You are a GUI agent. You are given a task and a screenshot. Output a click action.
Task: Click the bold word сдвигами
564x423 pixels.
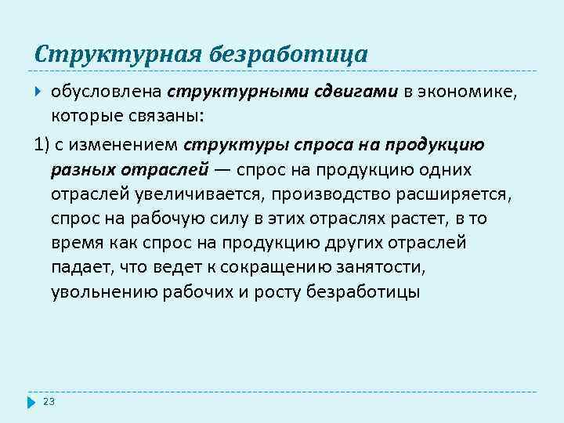[354, 92]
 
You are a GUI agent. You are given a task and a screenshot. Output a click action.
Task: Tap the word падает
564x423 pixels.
[80, 267]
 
